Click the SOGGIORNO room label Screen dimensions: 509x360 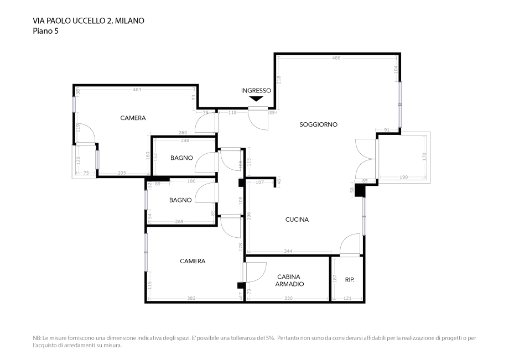point(318,124)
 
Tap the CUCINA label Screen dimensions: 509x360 point(297,220)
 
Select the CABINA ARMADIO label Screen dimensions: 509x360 point(289,280)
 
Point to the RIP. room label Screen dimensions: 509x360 point(350,280)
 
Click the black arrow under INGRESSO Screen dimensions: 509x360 point(256,99)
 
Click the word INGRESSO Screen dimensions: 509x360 point(256,91)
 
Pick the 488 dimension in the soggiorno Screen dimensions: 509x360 point(336,58)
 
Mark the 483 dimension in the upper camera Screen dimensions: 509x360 point(137,90)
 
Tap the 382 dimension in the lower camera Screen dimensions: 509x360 point(191,299)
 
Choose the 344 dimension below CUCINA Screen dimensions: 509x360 point(288,251)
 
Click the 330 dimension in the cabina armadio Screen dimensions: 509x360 point(288,299)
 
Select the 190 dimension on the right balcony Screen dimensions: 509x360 point(403,177)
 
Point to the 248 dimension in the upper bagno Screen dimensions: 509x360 point(185,141)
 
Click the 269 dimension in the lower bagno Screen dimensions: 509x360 point(179,222)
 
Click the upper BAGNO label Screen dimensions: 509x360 point(182,158)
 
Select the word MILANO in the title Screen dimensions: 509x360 point(130,21)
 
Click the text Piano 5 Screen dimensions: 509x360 point(46,31)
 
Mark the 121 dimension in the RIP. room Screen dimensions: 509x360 point(347,299)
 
